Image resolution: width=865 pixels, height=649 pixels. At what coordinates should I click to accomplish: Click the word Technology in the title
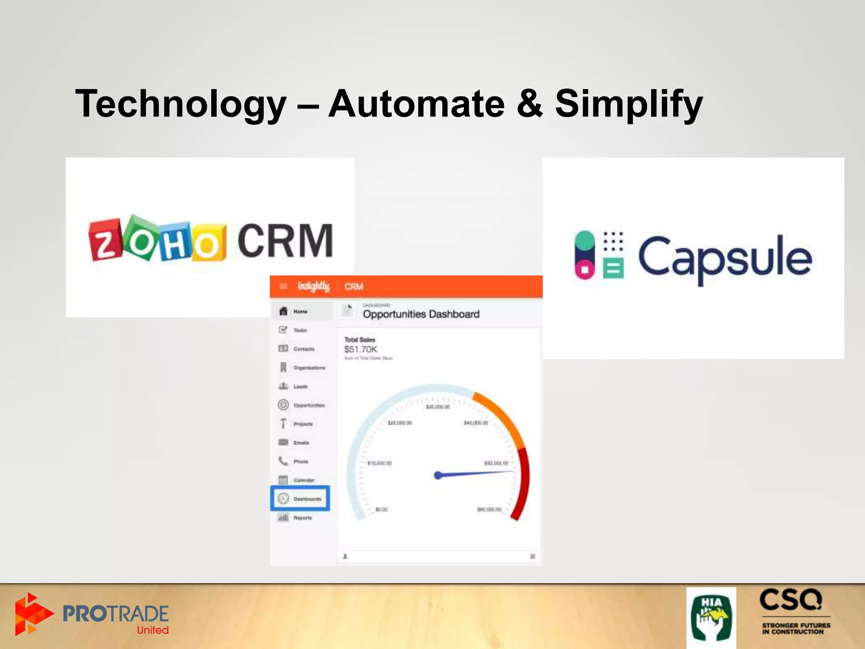click(x=181, y=104)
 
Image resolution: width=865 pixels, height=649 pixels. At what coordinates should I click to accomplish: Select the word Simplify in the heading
click(x=628, y=104)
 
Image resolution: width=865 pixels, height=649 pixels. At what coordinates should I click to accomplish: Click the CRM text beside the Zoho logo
click(x=285, y=241)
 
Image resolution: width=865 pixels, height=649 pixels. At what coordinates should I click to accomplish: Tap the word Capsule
click(x=724, y=257)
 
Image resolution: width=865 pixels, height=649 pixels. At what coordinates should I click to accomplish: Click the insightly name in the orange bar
click(x=313, y=286)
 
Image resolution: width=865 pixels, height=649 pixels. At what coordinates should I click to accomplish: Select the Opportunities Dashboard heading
click(x=421, y=314)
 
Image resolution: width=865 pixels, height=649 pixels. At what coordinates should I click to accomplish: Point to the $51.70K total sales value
click(x=360, y=349)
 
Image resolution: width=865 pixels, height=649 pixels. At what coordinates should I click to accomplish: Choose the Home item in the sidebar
click(x=300, y=311)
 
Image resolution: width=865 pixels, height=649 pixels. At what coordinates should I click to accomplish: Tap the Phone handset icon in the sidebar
click(x=283, y=461)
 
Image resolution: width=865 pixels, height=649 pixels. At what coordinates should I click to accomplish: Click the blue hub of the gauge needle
click(x=438, y=475)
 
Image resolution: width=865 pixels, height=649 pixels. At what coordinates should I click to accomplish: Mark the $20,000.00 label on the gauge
click(x=400, y=423)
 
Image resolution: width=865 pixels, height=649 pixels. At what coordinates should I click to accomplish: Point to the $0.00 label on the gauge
click(x=381, y=509)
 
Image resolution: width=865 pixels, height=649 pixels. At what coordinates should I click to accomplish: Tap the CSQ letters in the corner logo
click(x=790, y=600)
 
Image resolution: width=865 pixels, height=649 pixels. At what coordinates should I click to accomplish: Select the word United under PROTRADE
click(x=152, y=630)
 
